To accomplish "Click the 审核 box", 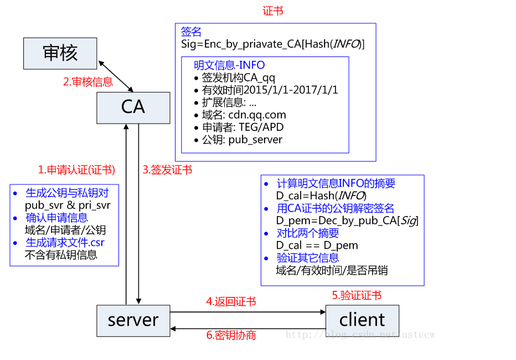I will coord(60,53).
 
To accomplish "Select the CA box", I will coord(133,107).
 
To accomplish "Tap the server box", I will coord(133,320).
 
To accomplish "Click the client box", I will coord(362,320).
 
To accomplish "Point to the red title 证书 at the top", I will coord(273,11).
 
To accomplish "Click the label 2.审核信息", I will coord(87,82).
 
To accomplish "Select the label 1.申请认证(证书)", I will coord(76,170).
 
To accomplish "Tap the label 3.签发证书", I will coord(167,170).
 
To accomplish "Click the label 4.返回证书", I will coord(231,302).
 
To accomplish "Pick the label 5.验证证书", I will coord(357,296).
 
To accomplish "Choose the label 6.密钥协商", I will coord(231,335).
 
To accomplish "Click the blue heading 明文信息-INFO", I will coord(229,65).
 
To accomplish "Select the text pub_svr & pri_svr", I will coord(68,205).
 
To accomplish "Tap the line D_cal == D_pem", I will coord(317,245).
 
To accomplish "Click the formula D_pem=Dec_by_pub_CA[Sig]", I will coord(347,221).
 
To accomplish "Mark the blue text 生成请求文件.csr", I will coord(65,243).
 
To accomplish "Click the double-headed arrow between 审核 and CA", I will coord(116,76).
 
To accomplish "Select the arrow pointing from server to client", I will coord(248,312).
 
